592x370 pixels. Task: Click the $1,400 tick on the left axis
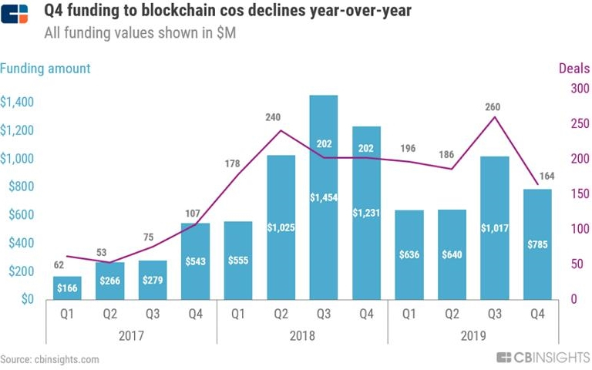(x=17, y=103)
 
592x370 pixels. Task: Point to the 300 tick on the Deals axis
(x=579, y=89)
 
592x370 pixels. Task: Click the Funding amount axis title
(x=45, y=69)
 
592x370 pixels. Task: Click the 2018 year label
(x=302, y=337)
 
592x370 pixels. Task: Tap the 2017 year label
(x=131, y=337)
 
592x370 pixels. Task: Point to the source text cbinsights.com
(x=49, y=359)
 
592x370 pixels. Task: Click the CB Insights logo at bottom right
(x=543, y=358)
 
